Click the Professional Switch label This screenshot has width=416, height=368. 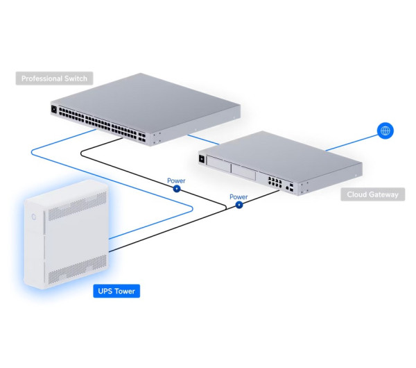pyautogui.click(x=54, y=78)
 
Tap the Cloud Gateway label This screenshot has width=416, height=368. pyautogui.click(x=373, y=194)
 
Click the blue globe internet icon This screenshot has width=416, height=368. pyautogui.click(x=385, y=130)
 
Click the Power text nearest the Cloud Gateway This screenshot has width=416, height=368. pyautogui.click(x=239, y=196)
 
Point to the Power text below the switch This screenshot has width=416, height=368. pyautogui.click(x=176, y=181)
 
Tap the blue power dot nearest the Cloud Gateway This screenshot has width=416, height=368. pyautogui.click(x=239, y=206)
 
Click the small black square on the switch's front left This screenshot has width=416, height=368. pyautogui.click(x=53, y=109)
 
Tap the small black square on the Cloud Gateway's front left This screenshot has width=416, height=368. pyautogui.click(x=202, y=160)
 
